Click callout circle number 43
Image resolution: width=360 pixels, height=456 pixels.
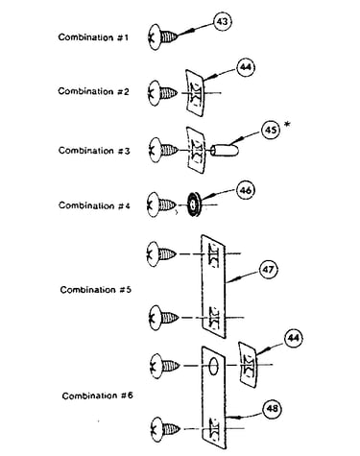click(223, 22)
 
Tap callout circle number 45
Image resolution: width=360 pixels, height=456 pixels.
click(271, 131)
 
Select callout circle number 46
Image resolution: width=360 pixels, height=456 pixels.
click(246, 190)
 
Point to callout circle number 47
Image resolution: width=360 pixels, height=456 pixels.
click(268, 270)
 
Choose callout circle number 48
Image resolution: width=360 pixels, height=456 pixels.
click(272, 409)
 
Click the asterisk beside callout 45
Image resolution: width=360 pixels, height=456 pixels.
click(287, 125)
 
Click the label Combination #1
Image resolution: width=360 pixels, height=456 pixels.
click(93, 37)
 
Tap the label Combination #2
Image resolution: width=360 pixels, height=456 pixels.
click(93, 91)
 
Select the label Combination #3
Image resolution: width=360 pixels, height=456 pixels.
click(94, 151)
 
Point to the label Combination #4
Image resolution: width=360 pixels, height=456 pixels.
click(94, 205)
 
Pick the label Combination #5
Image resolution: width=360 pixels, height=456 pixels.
click(96, 290)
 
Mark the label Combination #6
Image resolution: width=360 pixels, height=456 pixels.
click(97, 396)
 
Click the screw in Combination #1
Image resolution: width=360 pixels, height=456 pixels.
click(163, 36)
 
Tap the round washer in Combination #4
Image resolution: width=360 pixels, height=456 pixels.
click(193, 204)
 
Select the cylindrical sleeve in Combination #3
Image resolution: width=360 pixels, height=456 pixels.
click(226, 150)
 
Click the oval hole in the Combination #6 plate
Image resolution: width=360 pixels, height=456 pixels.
click(214, 366)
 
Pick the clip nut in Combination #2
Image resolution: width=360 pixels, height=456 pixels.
click(195, 93)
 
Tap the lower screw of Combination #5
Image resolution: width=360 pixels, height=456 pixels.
click(163, 318)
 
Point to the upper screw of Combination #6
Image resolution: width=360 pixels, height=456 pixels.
click(164, 366)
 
